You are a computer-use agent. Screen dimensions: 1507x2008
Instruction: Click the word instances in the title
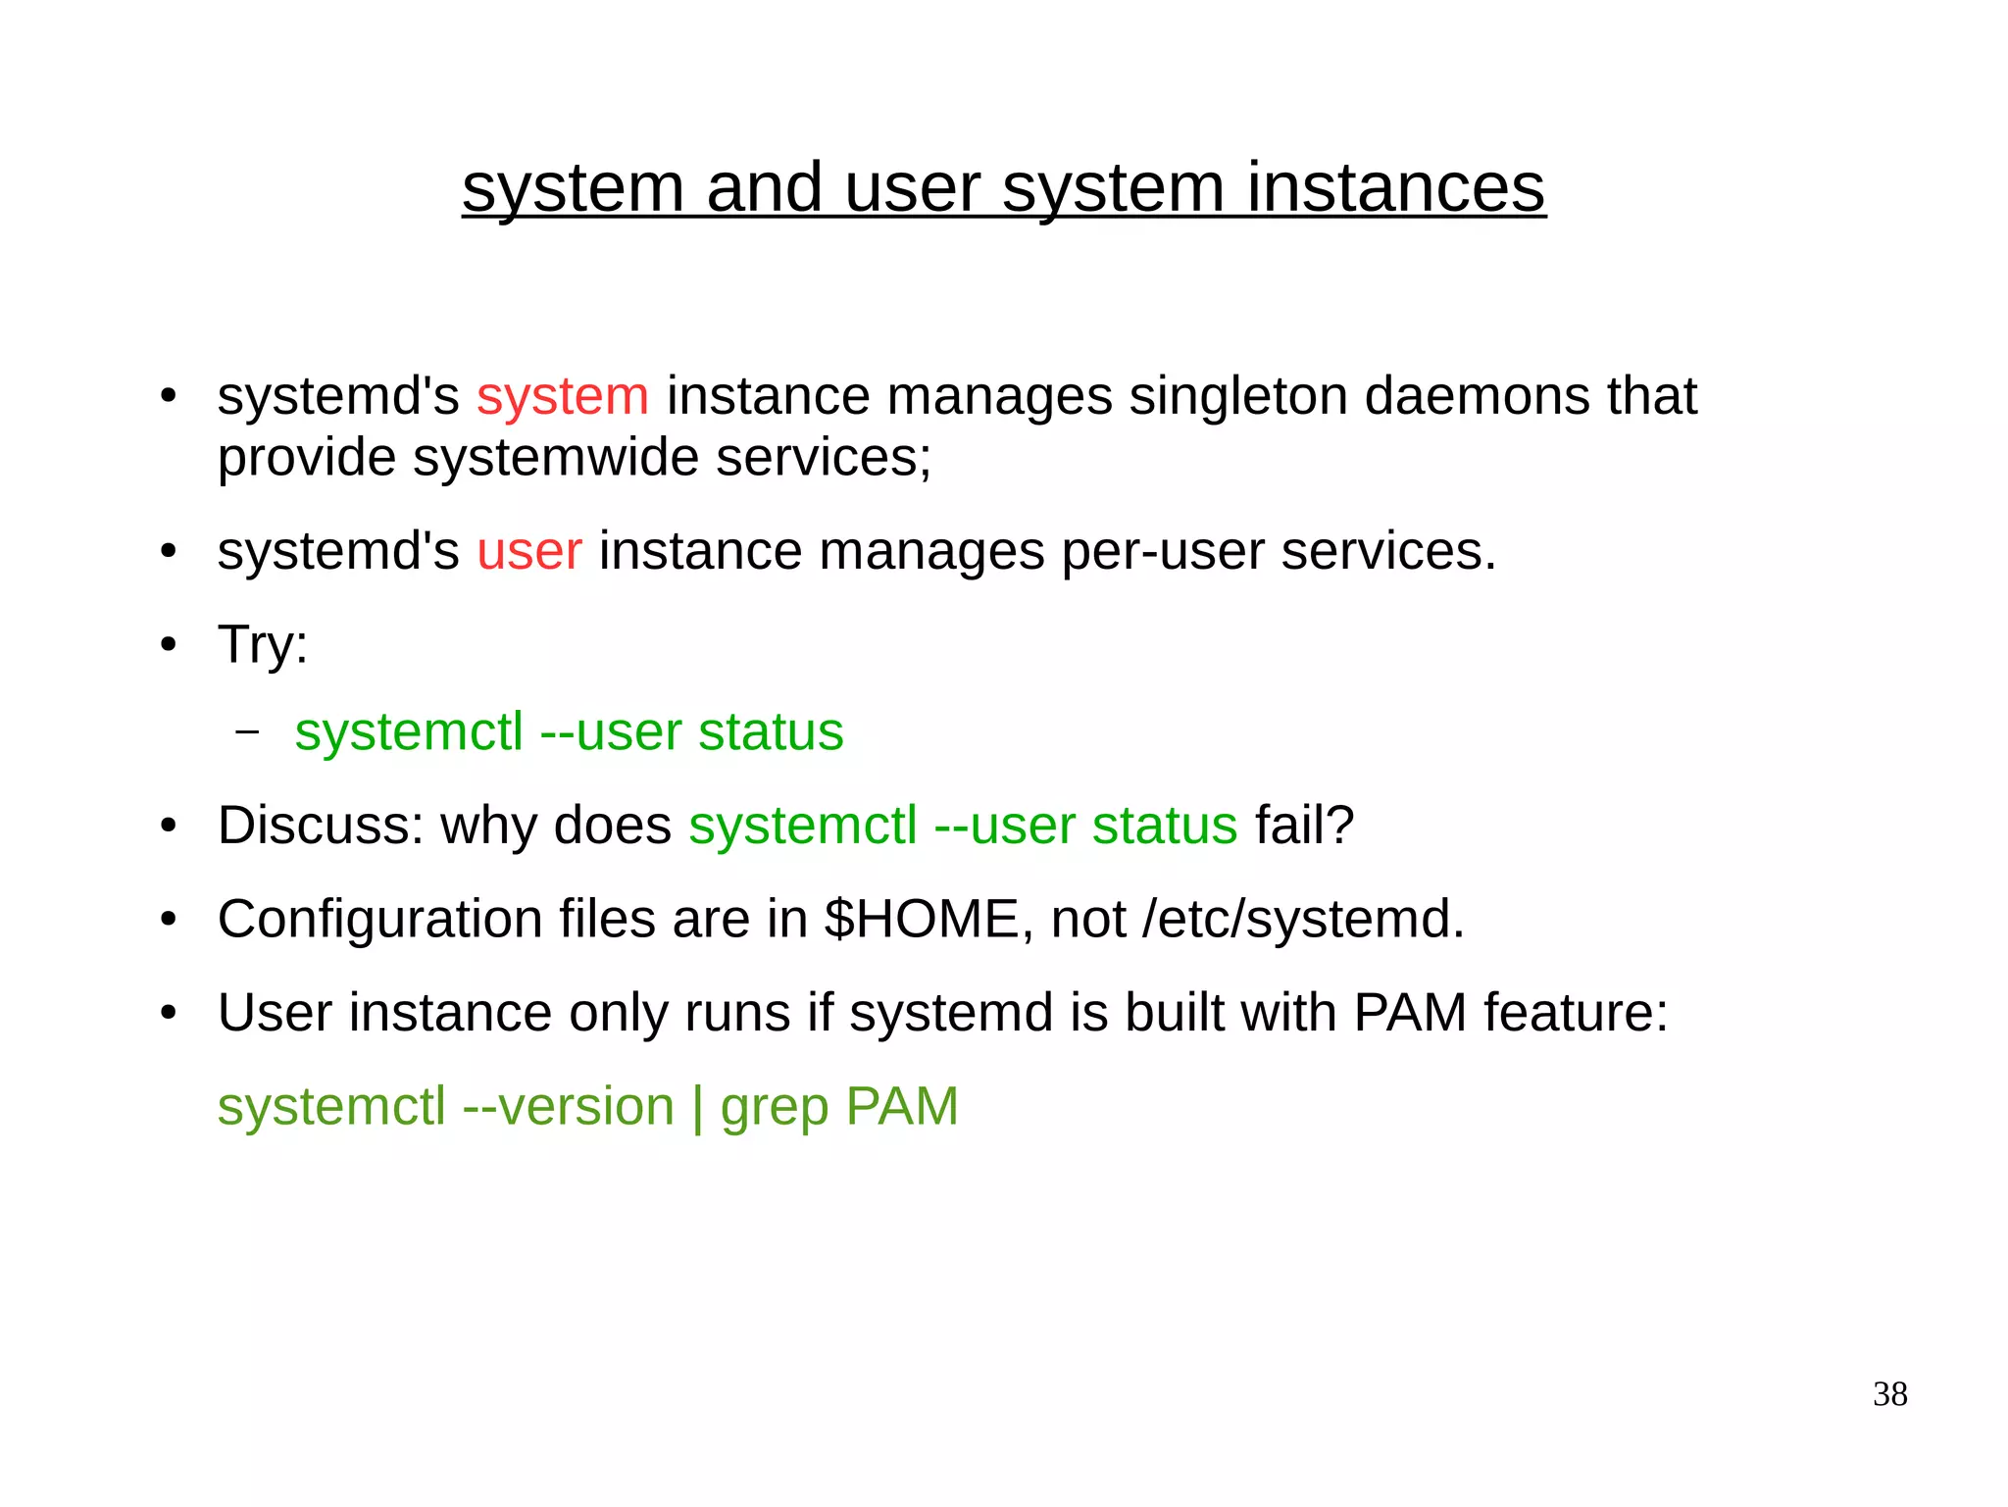coord(1395,188)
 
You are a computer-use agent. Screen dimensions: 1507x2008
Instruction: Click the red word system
coord(563,397)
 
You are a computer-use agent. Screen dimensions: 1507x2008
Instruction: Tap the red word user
coord(529,551)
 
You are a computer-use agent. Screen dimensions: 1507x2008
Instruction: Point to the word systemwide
coord(555,459)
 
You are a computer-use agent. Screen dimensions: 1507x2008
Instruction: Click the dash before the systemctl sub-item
coord(248,731)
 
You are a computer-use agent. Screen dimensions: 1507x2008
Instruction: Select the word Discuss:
coord(321,826)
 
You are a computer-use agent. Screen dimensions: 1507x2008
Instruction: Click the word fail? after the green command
coord(1304,826)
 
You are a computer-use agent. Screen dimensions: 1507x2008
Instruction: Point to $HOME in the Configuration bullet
coord(922,920)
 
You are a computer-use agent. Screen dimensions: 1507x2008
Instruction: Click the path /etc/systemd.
coord(1303,920)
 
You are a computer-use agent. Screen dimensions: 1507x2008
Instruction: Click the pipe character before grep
coord(697,1108)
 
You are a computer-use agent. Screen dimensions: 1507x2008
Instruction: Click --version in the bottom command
coord(569,1108)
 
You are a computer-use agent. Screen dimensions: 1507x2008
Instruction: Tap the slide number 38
coord(1889,1394)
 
